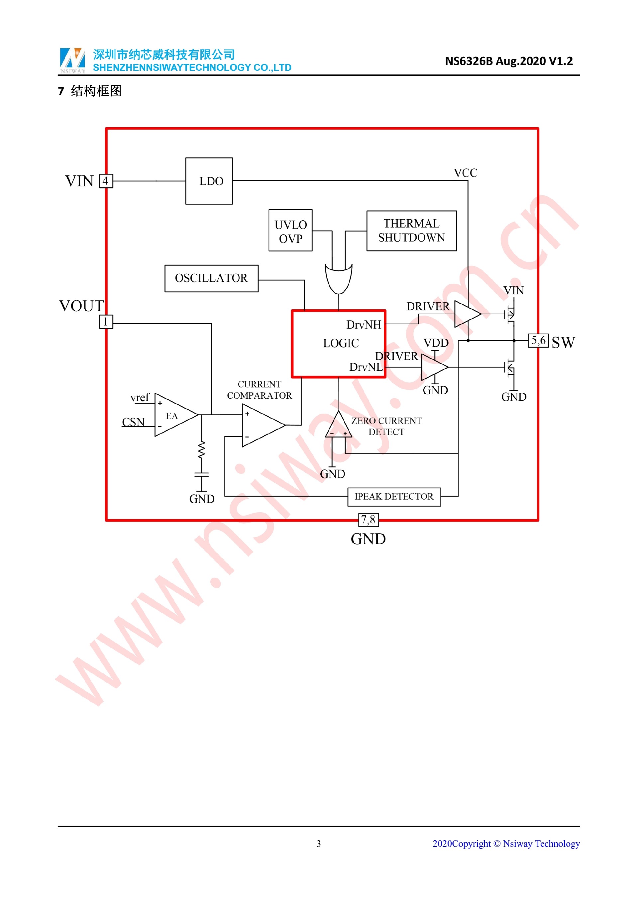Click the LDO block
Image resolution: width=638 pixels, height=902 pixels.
(209, 181)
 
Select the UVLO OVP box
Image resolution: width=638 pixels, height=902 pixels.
(290, 231)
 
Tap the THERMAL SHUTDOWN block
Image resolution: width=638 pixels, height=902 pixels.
(411, 231)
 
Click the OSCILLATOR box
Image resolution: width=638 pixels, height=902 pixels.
(211, 278)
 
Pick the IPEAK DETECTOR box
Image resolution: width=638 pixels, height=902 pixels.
(394, 497)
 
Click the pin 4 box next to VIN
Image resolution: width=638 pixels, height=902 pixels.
(106, 181)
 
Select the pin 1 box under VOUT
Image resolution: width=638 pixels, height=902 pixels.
(106, 322)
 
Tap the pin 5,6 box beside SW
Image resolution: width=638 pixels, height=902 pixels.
(538, 341)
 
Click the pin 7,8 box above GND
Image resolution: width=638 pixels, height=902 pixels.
(368, 520)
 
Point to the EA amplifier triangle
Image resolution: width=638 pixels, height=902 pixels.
(173, 415)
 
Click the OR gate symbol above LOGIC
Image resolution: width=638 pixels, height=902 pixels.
(339, 278)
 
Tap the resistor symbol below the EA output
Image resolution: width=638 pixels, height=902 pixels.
(202, 450)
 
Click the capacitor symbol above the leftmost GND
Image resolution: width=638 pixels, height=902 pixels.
(202, 475)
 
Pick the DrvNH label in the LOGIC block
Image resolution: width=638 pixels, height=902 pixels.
(364, 325)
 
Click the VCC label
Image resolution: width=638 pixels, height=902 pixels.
(466, 173)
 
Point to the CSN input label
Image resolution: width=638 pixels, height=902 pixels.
(133, 422)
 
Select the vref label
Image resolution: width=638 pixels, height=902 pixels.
(140, 398)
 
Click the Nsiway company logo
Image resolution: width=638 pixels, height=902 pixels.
(72, 60)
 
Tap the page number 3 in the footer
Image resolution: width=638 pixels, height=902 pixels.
(319, 844)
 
